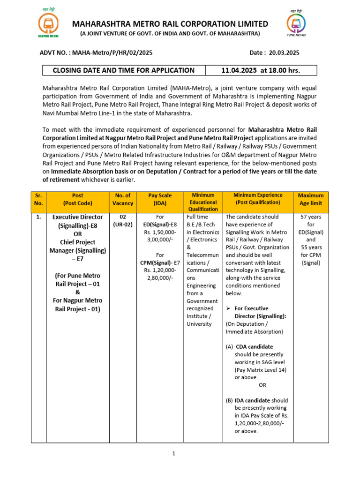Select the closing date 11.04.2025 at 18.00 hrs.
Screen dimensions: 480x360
click(x=261, y=70)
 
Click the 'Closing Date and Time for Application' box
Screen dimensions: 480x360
click(x=124, y=70)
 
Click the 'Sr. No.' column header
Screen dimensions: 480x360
click(x=38, y=199)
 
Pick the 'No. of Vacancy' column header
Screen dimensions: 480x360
click(x=122, y=199)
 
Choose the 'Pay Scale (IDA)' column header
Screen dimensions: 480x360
click(x=160, y=199)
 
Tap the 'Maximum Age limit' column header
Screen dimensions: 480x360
click(x=311, y=199)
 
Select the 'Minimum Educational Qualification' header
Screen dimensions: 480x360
click(x=203, y=202)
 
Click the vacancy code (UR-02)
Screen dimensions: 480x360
click(x=122, y=225)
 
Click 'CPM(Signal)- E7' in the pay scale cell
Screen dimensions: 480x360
click(x=160, y=262)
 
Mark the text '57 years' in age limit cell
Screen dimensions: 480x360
click(x=311, y=217)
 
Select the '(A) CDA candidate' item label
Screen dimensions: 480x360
click(x=246, y=347)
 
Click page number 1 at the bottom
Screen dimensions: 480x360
click(x=173, y=453)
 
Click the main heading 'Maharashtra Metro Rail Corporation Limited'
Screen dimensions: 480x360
click(x=170, y=24)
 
